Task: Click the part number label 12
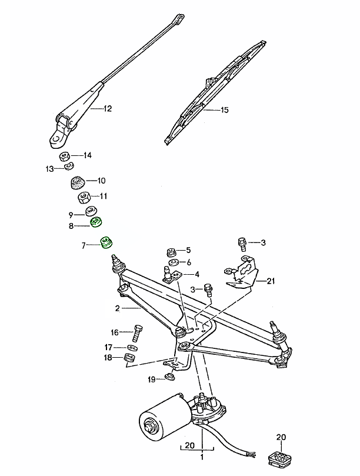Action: [x=107, y=109]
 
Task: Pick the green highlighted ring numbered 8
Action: [x=96, y=222]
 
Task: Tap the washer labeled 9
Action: [x=91, y=211]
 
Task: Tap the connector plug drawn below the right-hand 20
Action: [x=281, y=457]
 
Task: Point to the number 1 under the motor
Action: [x=202, y=457]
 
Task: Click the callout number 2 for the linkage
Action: [x=117, y=309]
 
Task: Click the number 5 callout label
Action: [x=188, y=250]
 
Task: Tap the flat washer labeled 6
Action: [x=174, y=262]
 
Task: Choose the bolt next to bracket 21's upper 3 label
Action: [x=241, y=242]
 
